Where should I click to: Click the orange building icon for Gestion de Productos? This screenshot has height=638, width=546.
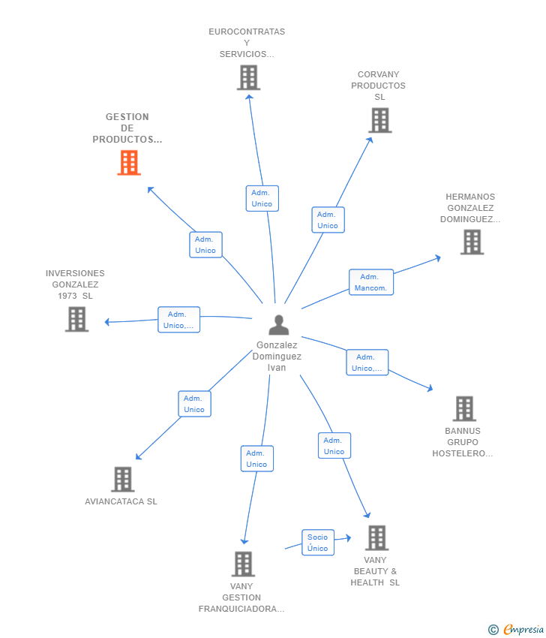[x=129, y=163]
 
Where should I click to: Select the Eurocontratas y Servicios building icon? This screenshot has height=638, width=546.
[x=248, y=77]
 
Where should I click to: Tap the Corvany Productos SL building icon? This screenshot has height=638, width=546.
[x=380, y=120]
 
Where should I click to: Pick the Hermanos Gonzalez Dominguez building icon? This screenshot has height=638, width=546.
[x=472, y=242]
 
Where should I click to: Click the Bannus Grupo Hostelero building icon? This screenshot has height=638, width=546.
[x=464, y=409]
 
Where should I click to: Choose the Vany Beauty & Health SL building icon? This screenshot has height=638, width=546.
[x=376, y=537]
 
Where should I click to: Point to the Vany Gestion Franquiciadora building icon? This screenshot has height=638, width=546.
[x=243, y=564]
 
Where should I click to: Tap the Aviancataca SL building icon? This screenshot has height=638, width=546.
[x=122, y=479]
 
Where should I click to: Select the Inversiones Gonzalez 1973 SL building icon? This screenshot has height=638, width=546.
[x=76, y=319]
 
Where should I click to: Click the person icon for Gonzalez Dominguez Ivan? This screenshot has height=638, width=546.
[x=278, y=325]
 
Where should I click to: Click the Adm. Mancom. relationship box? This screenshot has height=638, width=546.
[x=370, y=282]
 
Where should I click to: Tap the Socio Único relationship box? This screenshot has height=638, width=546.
[x=317, y=543]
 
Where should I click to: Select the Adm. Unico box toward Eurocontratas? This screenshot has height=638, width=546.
[x=262, y=198]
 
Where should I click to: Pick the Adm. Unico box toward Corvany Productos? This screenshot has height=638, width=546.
[x=328, y=220]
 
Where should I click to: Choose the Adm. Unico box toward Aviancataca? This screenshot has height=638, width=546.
[x=194, y=404]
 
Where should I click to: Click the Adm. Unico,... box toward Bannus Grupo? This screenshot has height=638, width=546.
[x=367, y=363]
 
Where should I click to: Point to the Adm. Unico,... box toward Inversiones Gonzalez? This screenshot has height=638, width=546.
[x=178, y=320]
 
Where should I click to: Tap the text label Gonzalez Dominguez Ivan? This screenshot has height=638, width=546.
[x=278, y=357]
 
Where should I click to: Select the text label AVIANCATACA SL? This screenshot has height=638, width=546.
[x=121, y=501]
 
